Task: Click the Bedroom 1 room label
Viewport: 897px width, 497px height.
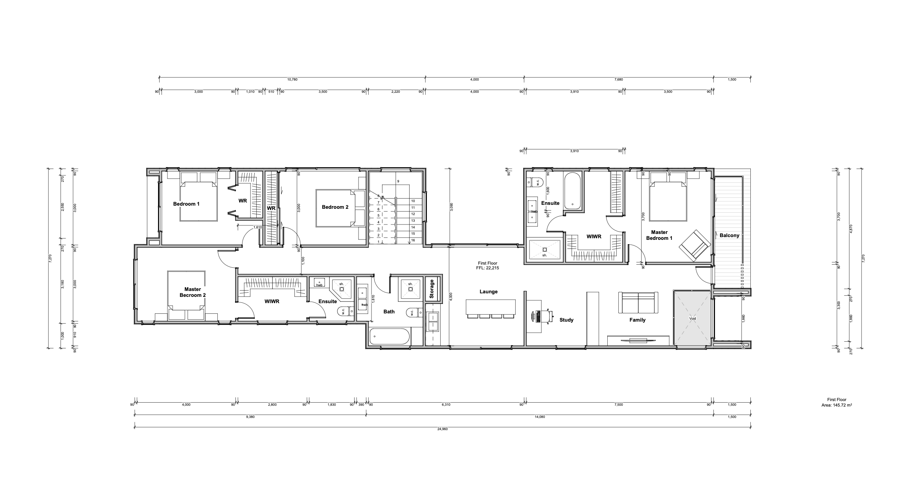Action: coord(186,204)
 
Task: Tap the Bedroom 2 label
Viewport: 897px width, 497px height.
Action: coord(335,207)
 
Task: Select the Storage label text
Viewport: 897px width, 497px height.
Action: coord(432,289)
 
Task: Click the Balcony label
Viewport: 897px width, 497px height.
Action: coord(729,236)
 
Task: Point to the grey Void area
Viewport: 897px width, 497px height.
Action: coord(692,318)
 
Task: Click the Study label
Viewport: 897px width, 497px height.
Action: coord(566,320)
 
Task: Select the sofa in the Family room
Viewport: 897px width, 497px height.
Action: coord(638,303)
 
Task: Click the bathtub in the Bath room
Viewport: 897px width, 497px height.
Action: coord(390,337)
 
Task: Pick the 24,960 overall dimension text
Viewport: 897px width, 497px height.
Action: coord(442,429)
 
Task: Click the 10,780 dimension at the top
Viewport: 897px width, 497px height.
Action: coord(292,79)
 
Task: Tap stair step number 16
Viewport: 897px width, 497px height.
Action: coord(413,240)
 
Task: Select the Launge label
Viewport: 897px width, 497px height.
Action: coord(488,292)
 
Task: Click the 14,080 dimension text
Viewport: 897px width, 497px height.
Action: coord(540,417)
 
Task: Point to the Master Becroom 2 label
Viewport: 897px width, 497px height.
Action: coord(192,292)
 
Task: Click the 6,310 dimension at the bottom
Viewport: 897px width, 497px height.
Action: coord(446,405)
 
